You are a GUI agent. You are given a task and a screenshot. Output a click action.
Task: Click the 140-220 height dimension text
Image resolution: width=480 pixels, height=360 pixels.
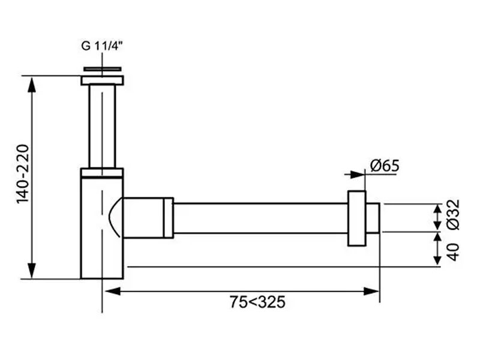pos(23,174)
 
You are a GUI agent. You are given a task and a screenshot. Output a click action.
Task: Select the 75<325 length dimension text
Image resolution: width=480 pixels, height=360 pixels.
pos(257,302)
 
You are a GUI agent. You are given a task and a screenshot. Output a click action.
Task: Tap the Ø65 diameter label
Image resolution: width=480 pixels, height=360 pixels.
pos(385,166)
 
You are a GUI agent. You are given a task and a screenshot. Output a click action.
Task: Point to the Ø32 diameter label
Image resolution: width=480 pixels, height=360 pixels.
pos(454,214)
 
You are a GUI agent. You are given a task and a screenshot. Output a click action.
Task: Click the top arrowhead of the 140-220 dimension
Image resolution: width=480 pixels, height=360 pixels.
pos(32,83)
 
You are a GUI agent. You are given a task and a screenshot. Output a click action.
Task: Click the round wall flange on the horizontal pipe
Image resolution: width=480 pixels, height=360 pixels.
pos(356,218)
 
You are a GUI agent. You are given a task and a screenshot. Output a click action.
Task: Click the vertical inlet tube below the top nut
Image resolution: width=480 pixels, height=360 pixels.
pos(102,126)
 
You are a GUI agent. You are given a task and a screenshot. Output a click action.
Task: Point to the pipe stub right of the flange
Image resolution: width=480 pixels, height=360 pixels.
pos(373,218)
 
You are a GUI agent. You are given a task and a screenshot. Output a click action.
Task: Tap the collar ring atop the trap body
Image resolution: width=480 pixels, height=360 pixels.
pos(102,173)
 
